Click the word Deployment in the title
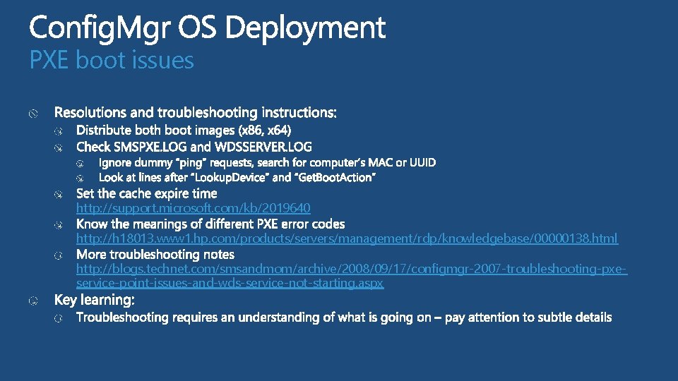[x=307, y=28]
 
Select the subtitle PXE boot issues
[x=112, y=61]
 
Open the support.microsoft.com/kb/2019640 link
[x=193, y=208]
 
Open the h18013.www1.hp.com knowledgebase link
[x=347, y=238]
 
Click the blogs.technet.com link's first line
[x=352, y=269]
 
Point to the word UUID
[x=422, y=163]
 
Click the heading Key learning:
[x=94, y=300]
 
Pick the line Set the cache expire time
[x=146, y=193]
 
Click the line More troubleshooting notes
[x=155, y=254]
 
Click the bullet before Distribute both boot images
[x=61, y=131]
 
